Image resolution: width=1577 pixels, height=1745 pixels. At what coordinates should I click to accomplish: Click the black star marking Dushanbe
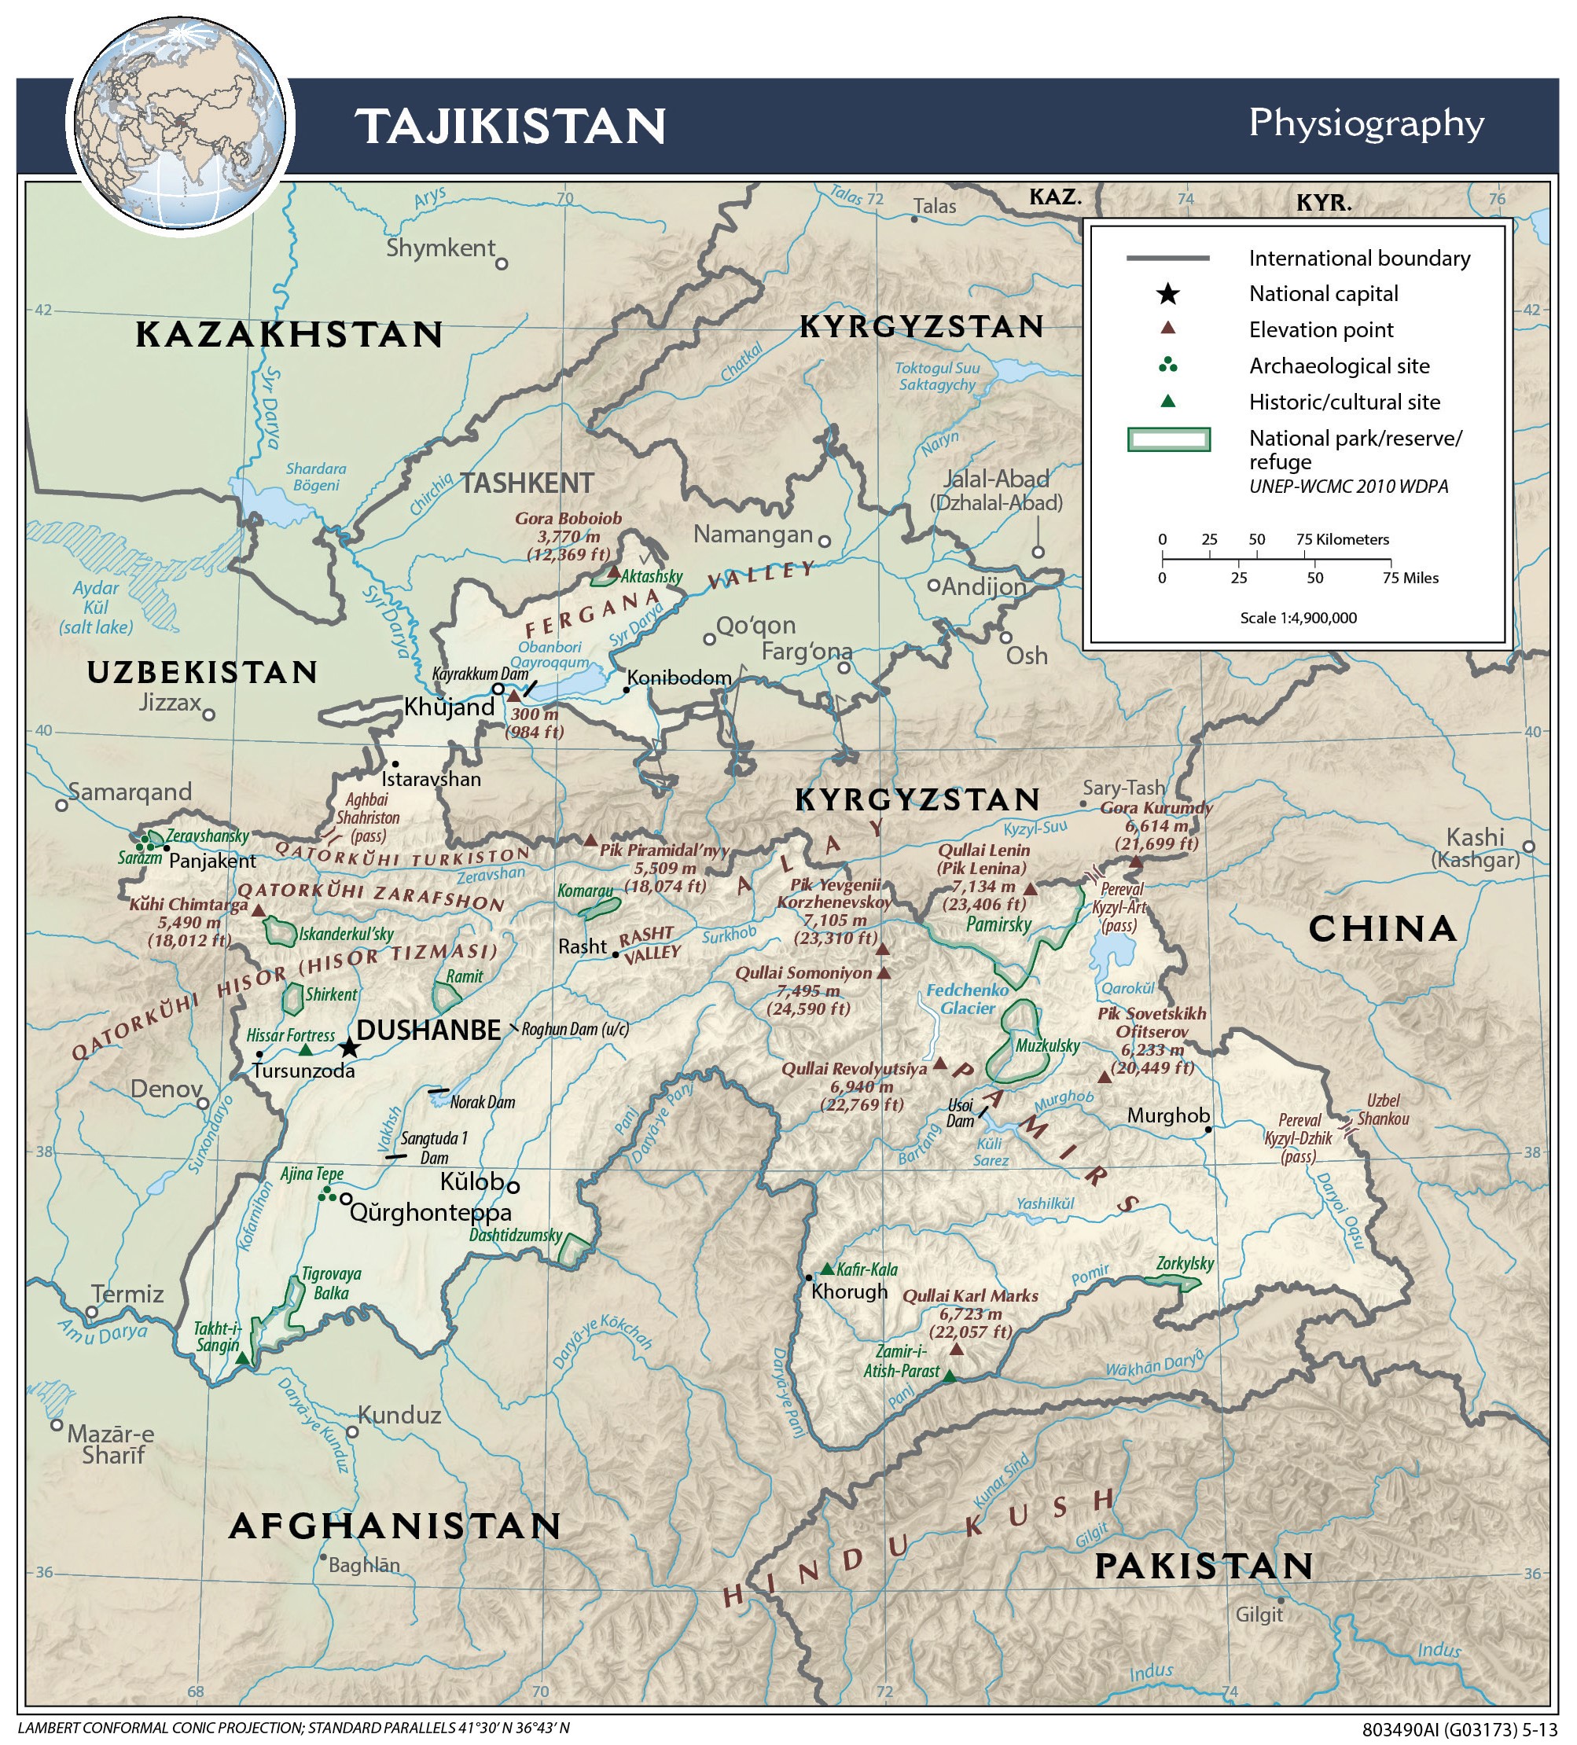349,1047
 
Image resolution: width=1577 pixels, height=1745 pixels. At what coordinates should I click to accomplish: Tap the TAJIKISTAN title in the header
511,127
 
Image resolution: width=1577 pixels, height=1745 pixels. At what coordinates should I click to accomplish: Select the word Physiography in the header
1365,123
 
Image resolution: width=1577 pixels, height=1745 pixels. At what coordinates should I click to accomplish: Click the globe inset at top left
179,125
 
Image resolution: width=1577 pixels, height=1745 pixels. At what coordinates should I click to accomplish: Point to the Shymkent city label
439,248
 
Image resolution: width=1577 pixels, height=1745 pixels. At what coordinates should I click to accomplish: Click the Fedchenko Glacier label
967,999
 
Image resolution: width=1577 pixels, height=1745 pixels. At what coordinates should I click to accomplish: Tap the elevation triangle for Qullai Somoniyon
884,973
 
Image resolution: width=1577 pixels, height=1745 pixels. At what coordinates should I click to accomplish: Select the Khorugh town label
849,1291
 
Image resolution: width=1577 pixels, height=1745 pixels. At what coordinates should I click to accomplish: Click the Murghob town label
1167,1115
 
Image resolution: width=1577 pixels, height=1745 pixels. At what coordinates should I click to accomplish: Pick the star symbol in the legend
1167,294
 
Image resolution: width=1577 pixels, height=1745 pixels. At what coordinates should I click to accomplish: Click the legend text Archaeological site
1338,366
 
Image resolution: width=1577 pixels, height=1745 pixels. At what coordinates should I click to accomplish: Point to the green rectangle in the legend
1167,439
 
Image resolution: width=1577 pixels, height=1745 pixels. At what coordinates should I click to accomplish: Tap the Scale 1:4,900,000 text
1297,618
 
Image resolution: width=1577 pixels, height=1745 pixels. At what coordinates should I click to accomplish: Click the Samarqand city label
130,792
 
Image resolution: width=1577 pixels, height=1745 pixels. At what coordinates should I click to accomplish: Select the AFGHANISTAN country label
395,1526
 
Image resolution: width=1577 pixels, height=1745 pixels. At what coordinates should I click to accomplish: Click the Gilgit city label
1259,1615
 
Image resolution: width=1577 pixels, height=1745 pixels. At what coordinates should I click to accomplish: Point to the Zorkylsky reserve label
1185,1263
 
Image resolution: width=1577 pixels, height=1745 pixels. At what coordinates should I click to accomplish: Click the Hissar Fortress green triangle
306,1050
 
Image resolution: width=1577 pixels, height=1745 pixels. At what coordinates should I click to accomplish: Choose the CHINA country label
1381,929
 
